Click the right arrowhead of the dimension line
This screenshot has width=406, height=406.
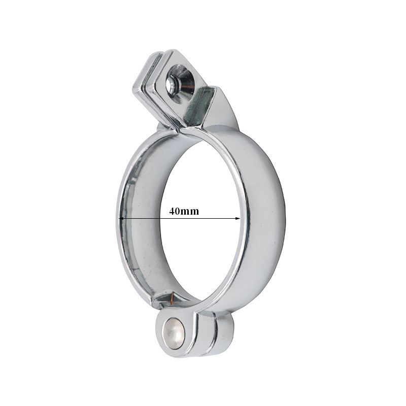coord(238,218)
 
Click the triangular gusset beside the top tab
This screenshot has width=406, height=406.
coord(223,109)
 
